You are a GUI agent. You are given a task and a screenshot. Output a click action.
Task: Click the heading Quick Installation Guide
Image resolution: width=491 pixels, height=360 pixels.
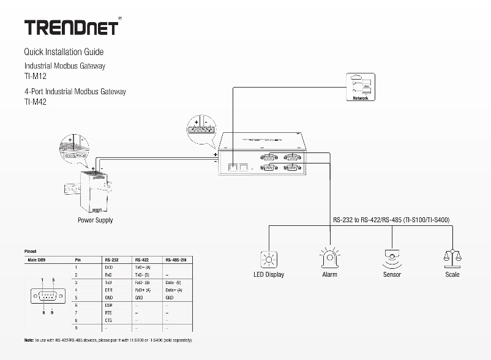64,52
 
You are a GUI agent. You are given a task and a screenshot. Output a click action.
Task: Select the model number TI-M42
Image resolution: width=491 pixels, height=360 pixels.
36,102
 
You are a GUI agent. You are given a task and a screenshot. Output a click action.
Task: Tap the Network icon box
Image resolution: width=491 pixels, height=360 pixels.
361,86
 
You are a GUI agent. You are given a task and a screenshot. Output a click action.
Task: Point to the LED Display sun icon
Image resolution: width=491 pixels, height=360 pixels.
268,259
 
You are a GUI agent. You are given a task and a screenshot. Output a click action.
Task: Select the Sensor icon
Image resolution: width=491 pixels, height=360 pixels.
391,259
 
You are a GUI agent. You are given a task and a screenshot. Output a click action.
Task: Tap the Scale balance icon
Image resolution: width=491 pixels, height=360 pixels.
452,258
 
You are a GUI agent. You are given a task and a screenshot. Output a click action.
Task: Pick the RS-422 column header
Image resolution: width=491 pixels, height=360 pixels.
141,260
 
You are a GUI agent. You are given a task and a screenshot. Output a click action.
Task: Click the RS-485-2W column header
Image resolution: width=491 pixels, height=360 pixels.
176,260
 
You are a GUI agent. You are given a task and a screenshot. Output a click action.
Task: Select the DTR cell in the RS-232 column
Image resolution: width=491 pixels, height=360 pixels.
109,290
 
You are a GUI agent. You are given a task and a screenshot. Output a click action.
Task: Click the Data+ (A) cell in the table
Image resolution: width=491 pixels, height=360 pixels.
174,290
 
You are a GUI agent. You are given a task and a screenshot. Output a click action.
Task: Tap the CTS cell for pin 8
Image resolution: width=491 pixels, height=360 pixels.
109,320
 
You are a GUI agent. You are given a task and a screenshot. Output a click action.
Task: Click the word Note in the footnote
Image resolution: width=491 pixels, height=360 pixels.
29,339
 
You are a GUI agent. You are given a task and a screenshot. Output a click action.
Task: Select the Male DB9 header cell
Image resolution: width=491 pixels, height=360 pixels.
36,260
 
